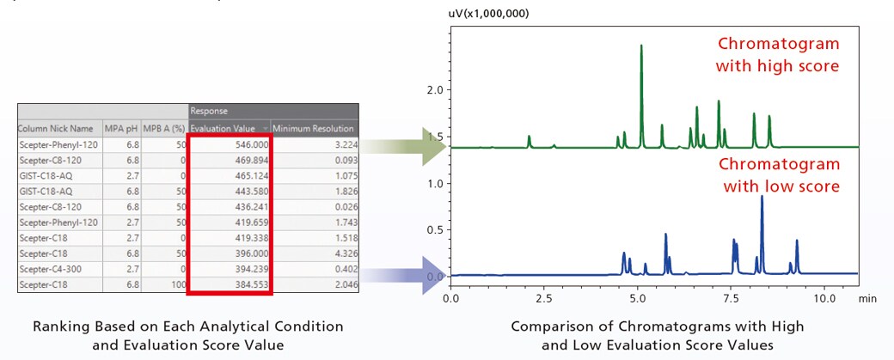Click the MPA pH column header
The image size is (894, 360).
pos(120,128)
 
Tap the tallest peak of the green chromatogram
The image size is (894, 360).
pos(641,48)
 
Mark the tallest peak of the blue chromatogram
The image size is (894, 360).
pos(762,198)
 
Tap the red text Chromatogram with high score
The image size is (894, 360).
pos(779,53)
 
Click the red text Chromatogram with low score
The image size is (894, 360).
pos(779,174)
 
